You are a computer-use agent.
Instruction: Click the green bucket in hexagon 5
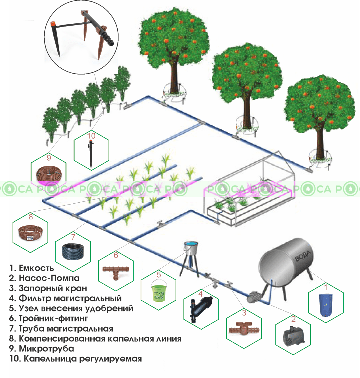pos(160,292)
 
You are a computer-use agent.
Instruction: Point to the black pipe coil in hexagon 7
pos(73,251)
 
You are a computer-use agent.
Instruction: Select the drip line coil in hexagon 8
pos(30,233)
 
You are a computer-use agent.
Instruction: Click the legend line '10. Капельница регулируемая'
pos(75,359)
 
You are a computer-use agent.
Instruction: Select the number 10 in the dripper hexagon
pos(91,135)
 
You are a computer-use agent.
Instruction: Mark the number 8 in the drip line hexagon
pos(31,217)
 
